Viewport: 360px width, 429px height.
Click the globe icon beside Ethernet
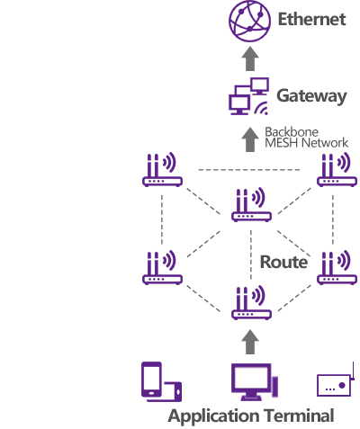[249, 21]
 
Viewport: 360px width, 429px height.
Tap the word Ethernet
[311, 20]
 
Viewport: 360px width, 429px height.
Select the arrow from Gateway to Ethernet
[250, 58]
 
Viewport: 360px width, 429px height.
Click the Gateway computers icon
[248, 96]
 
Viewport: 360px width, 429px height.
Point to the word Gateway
[311, 96]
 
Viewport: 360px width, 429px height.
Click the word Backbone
[292, 132]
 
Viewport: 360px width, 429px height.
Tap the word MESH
[282, 143]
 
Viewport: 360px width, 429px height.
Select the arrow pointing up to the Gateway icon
[250, 139]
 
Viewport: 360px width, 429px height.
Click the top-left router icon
[162, 169]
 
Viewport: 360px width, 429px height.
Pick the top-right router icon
[337, 169]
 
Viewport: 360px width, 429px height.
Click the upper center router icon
[251, 204]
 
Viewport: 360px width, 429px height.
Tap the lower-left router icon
[162, 267]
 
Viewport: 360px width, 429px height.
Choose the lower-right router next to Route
[337, 267]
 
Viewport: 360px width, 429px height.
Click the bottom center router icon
[251, 302]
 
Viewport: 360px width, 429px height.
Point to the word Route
[283, 262]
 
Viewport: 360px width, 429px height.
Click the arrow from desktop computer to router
[250, 342]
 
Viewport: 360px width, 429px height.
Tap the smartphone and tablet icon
[162, 381]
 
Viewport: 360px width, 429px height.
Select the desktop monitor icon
[255, 382]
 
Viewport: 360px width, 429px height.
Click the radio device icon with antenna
[336, 380]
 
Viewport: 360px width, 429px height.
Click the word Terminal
[300, 416]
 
